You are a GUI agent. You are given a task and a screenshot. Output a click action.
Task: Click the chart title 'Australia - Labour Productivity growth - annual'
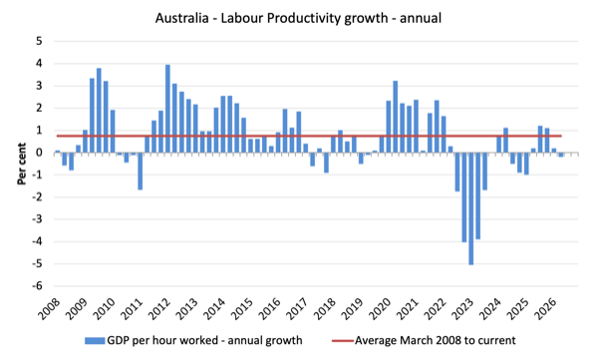298,18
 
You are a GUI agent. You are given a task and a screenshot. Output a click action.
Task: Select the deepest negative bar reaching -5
471,208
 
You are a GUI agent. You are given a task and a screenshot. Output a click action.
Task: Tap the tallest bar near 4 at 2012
167,109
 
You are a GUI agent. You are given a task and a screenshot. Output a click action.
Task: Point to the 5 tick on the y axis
39,41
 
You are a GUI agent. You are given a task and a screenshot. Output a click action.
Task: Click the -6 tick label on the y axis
37,286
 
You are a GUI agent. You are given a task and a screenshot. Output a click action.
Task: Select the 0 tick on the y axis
39,153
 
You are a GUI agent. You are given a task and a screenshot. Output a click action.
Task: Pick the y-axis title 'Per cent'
21,165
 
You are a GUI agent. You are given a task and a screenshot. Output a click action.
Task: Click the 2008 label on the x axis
49,308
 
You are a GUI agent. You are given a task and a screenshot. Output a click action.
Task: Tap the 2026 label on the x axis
545,308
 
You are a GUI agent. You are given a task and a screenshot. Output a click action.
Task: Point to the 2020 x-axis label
380,308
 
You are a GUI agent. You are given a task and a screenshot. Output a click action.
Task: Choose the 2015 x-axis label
242,308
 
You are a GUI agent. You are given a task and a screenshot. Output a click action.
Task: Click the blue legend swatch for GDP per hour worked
95,340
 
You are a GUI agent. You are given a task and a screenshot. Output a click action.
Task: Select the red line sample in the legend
343,340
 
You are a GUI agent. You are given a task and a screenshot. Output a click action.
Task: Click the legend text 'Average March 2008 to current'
436,340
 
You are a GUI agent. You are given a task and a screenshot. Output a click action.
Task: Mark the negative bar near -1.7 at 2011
140,172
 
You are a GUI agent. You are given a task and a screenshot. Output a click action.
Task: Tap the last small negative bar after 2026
561,155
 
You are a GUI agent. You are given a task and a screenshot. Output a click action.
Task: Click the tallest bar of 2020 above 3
396,117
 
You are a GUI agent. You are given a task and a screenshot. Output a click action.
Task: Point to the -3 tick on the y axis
37,219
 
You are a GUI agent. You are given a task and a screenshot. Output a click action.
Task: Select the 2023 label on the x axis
462,308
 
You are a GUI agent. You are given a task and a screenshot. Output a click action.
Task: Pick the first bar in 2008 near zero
57,152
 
